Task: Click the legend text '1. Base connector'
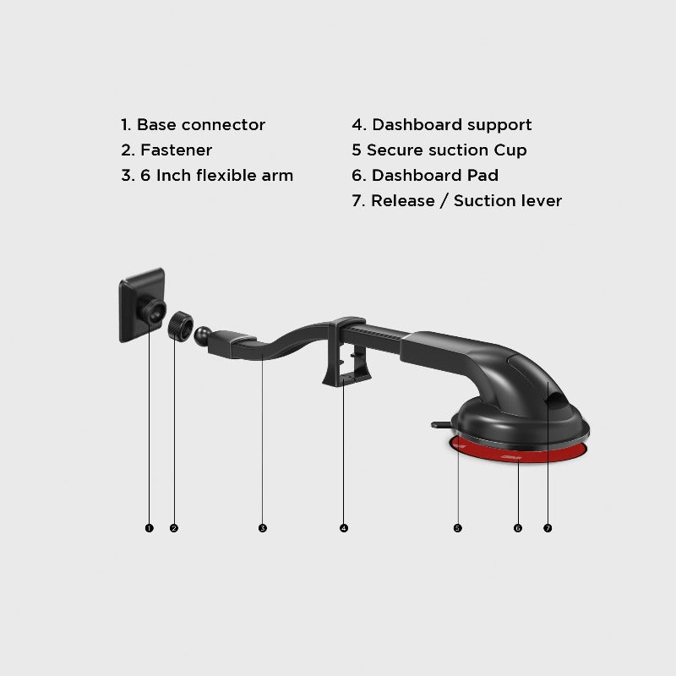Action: point(193,125)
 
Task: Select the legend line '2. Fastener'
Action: point(166,150)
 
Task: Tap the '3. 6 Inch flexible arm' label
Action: point(207,176)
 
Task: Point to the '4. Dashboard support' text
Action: point(442,125)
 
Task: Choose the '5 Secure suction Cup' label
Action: point(439,150)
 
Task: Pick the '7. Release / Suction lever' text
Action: point(457,201)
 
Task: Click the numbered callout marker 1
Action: point(149,528)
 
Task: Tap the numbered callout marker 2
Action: point(174,528)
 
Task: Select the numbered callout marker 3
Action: point(263,528)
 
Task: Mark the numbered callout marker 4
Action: point(344,528)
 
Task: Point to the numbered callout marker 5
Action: point(457,528)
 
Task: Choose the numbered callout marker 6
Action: point(518,528)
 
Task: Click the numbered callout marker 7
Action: point(548,528)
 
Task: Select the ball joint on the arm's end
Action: point(204,335)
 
